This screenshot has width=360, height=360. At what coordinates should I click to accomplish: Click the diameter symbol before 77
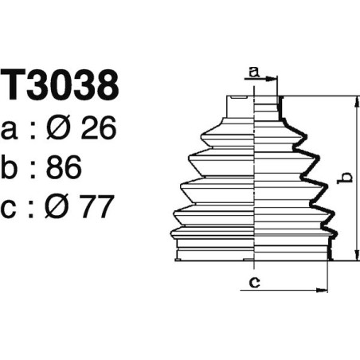(x=60, y=209)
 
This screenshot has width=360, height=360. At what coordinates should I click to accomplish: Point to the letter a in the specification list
(x=12, y=128)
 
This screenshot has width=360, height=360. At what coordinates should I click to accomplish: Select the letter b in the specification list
(x=12, y=168)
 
